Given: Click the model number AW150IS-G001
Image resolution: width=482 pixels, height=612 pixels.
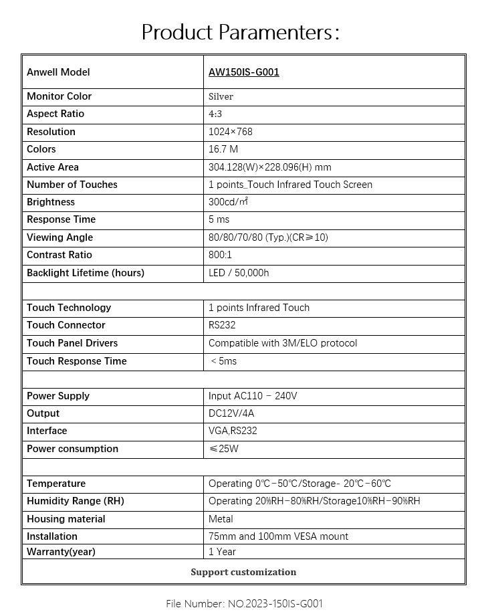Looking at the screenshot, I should coord(244,72).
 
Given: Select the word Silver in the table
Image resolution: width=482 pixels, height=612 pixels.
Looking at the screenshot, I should coord(221,96).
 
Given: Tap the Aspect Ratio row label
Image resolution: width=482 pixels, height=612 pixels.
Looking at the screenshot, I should coord(55,114).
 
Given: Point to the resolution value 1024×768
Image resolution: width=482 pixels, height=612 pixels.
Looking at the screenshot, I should coord(231,132).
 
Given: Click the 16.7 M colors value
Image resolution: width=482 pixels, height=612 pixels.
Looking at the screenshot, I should coord(223,149).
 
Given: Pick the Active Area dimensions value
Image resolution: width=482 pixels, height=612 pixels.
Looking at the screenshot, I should coord(269,167).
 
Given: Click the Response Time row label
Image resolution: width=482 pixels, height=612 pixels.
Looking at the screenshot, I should coord(61,219).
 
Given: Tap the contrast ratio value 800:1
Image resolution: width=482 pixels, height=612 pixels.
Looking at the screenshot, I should coord(221,255).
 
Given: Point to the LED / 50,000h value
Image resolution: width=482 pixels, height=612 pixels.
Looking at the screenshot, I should coord(239,273).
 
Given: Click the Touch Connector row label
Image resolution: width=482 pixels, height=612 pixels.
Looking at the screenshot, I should coord(66,325).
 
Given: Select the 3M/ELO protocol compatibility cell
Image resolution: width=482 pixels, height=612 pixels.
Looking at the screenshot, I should coord(283,343).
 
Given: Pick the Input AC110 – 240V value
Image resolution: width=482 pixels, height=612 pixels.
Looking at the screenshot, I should coord(253,396).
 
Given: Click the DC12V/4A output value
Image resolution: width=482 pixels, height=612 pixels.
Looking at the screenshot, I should coord(231,413).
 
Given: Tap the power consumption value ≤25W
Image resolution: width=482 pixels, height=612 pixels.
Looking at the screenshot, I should coord(223,449).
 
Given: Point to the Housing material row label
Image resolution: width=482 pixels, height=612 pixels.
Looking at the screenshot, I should coord(66,519).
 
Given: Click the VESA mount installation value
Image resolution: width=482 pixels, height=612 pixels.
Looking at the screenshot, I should coord(278,536).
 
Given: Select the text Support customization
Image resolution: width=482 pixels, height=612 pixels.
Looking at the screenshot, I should coord(243,572).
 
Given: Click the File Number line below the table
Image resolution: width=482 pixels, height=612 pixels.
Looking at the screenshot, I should coord(244,603).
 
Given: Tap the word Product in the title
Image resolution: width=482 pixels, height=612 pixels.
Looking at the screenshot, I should coord(176,31).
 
